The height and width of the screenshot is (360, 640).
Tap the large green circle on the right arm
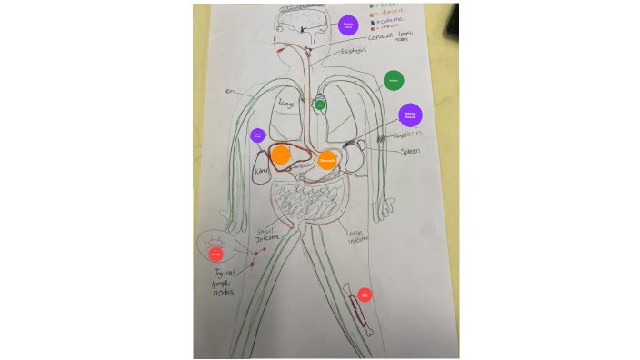click(x=394, y=81)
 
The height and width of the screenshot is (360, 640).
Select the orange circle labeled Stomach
click(x=328, y=160)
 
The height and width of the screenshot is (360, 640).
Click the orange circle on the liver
click(x=281, y=156)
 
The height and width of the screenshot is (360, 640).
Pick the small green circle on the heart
click(x=320, y=105)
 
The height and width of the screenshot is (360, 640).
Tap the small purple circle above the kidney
click(x=257, y=135)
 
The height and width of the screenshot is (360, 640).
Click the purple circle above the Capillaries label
click(x=411, y=115)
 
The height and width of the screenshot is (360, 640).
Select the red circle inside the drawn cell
click(x=215, y=254)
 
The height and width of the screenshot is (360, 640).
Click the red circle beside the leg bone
click(x=365, y=295)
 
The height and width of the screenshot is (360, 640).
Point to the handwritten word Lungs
click(x=288, y=105)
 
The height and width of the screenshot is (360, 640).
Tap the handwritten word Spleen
click(x=411, y=151)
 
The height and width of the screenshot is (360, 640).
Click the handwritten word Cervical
click(x=375, y=36)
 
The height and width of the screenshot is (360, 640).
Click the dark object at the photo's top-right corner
click(x=453, y=18)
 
